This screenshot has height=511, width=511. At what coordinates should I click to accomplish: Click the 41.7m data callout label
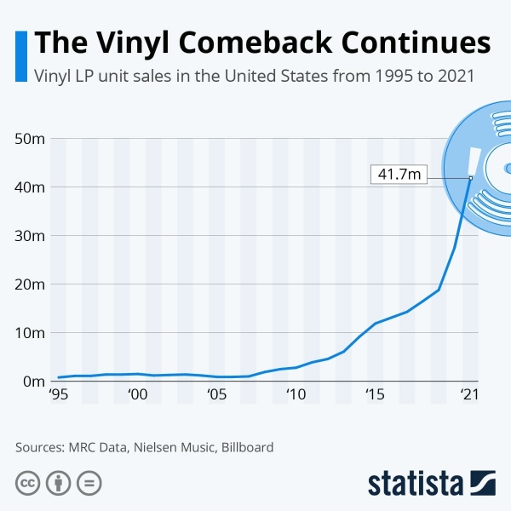click(x=399, y=175)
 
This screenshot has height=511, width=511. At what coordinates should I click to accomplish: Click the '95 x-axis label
click(x=59, y=395)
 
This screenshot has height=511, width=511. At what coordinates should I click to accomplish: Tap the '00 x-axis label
click(x=138, y=395)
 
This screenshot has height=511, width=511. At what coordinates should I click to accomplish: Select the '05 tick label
click(x=217, y=395)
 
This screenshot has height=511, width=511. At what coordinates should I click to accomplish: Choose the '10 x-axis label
click(x=296, y=395)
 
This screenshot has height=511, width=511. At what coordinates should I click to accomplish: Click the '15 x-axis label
click(x=375, y=395)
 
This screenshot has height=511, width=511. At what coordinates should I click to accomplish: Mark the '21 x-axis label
click(x=468, y=395)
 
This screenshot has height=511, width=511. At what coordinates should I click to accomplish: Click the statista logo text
click(x=415, y=483)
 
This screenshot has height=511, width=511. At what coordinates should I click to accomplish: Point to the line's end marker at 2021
click(x=471, y=178)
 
